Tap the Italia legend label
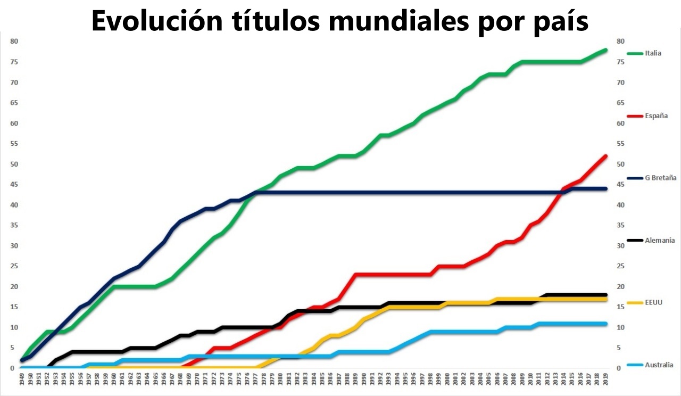(x=653, y=53)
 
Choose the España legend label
(x=656, y=115)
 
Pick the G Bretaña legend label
(x=660, y=178)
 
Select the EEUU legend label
(x=653, y=302)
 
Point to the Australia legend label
(x=659, y=365)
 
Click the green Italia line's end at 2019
(x=605, y=50)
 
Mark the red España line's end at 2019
(x=605, y=156)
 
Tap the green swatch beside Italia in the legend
(x=635, y=53)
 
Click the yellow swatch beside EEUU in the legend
(x=635, y=302)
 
